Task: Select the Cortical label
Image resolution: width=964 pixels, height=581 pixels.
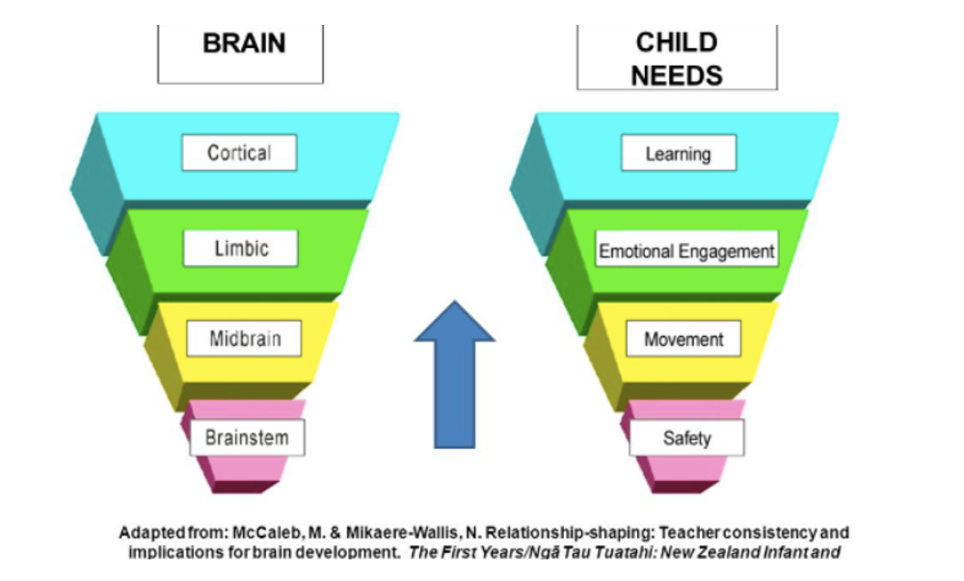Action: click(x=239, y=153)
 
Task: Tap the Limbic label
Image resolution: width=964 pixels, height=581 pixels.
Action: click(x=240, y=248)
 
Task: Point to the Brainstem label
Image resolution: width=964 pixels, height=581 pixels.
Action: click(x=247, y=437)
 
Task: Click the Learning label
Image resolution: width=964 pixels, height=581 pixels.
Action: click(x=679, y=153)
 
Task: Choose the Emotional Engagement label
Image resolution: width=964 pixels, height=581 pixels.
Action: click(x=686, y=251)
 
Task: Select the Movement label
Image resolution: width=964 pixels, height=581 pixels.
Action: click(x=683, y=339)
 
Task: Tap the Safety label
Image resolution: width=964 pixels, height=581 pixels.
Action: click(x=686, y=438)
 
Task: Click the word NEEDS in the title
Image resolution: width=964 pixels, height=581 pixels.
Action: click(x=677, y=74)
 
